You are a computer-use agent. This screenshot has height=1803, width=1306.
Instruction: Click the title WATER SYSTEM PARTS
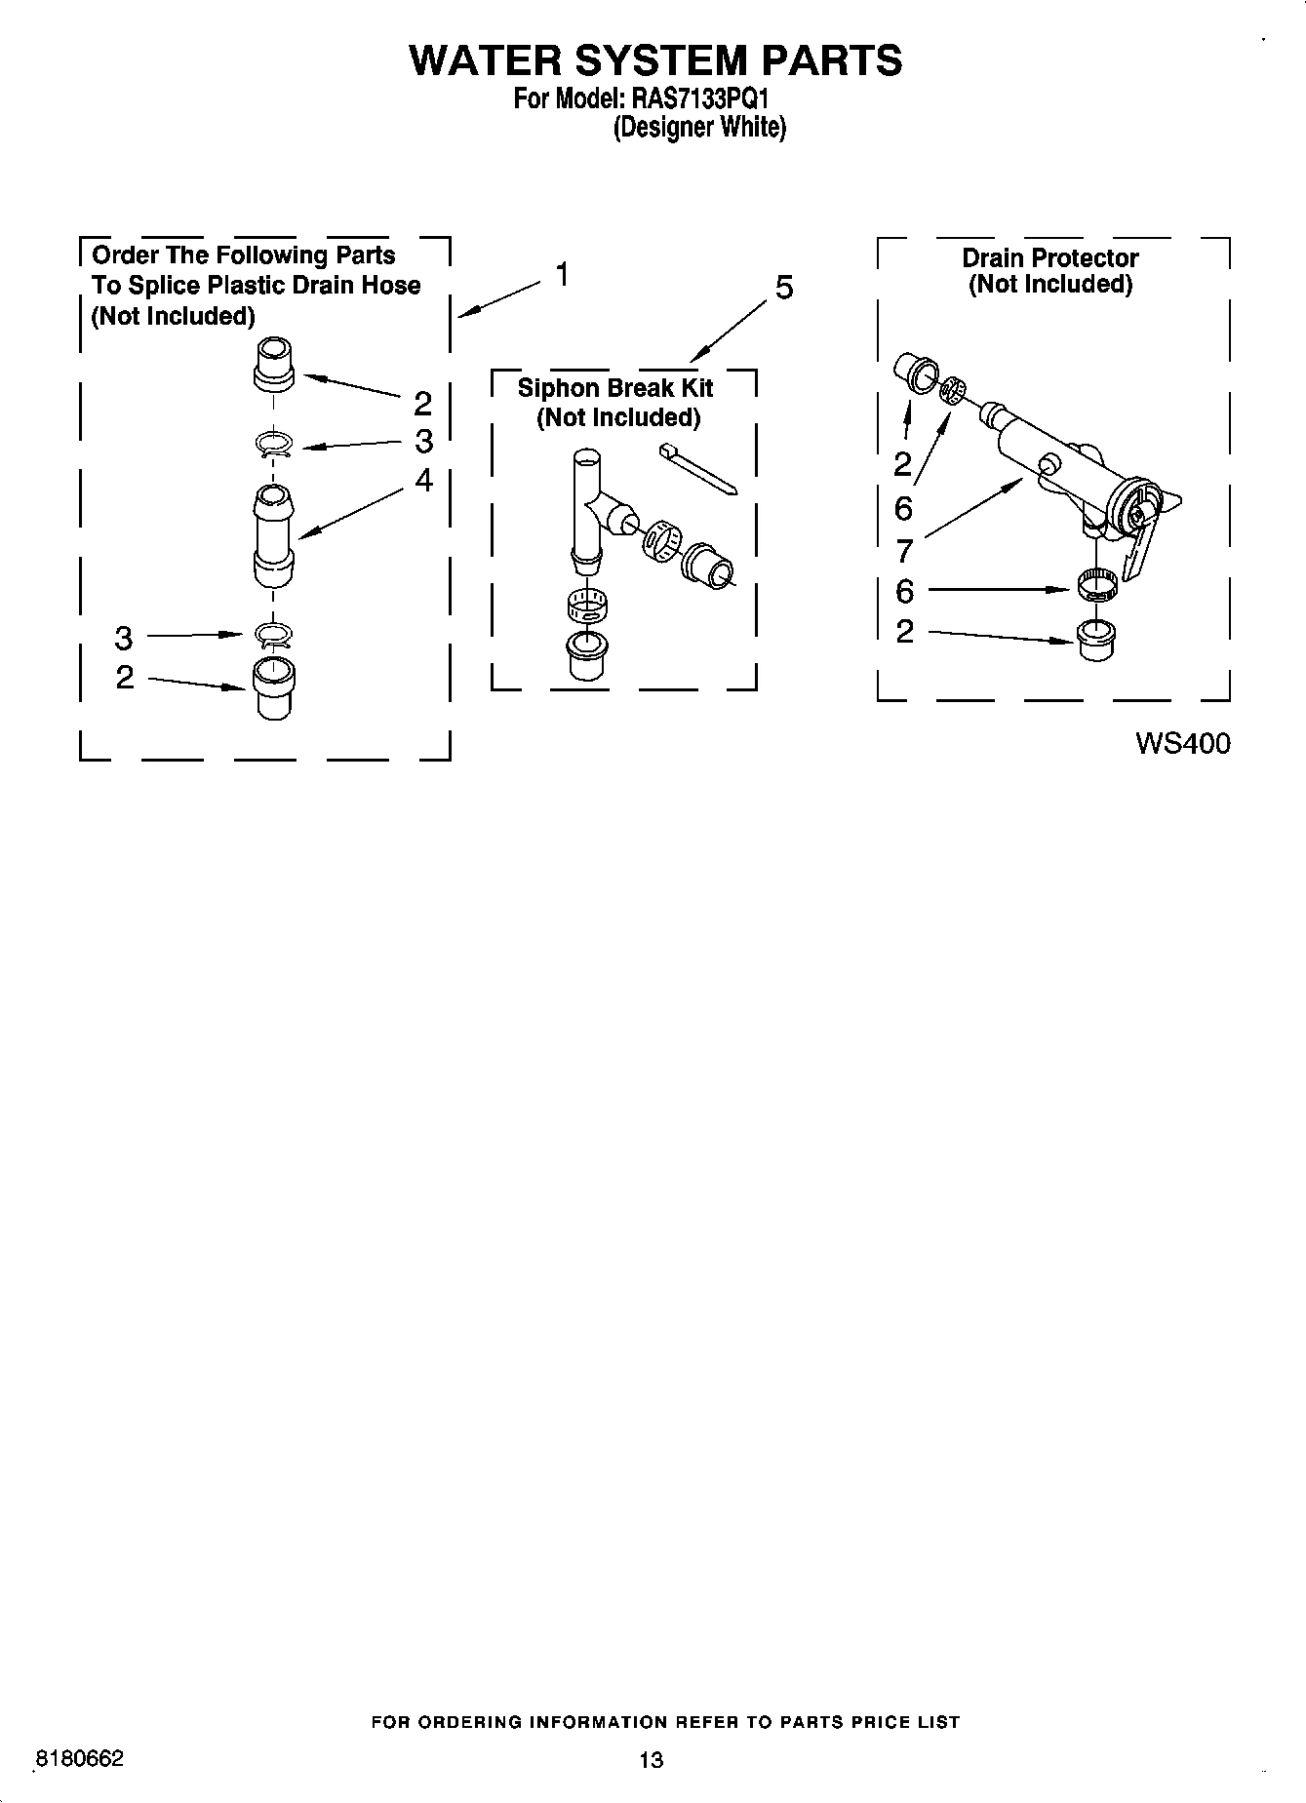coord(654,60)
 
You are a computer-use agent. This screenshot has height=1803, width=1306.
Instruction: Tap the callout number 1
coord(563,275)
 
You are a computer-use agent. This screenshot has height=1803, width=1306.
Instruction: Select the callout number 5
coord(783,288)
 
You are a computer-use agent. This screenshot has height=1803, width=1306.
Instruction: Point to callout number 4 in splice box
coord(423,480)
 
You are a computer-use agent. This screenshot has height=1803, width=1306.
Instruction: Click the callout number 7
coord(904,551)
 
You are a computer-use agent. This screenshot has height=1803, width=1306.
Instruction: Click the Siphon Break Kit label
coord(615,388)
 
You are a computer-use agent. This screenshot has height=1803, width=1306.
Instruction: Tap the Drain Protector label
coord(1049,258)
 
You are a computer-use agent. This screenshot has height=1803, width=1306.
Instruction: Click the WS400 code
coord(1182,743)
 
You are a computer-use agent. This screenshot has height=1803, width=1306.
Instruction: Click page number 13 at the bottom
coord(651,1760)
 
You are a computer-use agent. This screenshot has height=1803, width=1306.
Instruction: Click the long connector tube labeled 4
coord(273,536)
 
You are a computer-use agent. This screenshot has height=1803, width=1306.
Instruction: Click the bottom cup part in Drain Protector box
coord(1097,638)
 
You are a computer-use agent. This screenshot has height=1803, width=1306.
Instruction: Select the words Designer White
coord(698,128)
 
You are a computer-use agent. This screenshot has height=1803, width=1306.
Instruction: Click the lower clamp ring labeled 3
coord(274,636)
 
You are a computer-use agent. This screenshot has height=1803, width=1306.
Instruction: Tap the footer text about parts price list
coord(666,1722)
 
